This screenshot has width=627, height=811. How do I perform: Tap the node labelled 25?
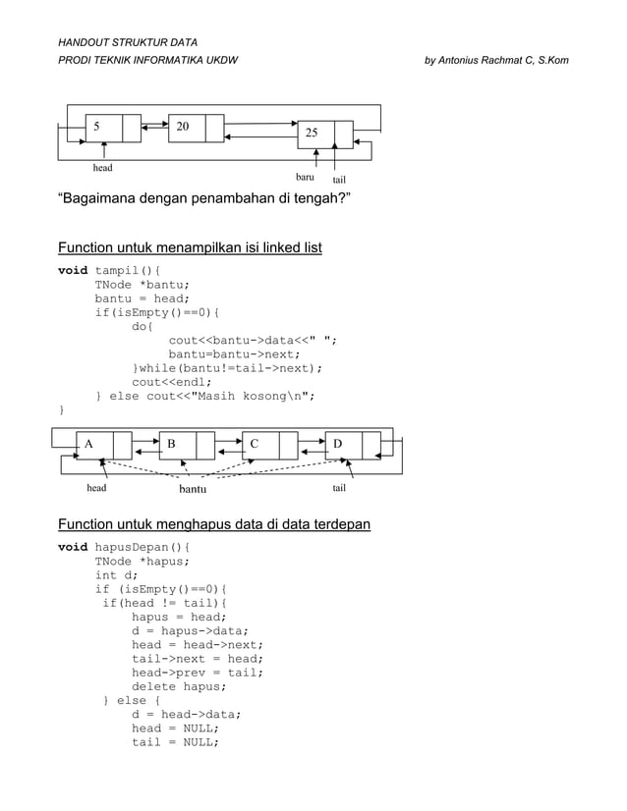pos(324,135)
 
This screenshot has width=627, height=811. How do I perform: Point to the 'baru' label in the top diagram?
pos(305,178)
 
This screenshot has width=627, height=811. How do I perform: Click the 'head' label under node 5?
pos(102,169)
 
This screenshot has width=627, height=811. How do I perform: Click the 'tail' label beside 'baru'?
pos(339,181)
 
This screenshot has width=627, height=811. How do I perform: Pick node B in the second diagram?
pos(187,445)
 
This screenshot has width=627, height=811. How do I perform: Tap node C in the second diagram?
pos(269,445)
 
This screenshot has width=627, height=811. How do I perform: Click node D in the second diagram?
pos(353,445)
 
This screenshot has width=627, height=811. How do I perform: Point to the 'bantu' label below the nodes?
pos(193,487)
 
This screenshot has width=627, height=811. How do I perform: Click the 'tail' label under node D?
pos(339,486)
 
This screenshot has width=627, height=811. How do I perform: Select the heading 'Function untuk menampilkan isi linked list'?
pos(190,245)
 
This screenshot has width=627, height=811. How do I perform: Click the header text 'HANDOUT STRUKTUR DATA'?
pos(128,43)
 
